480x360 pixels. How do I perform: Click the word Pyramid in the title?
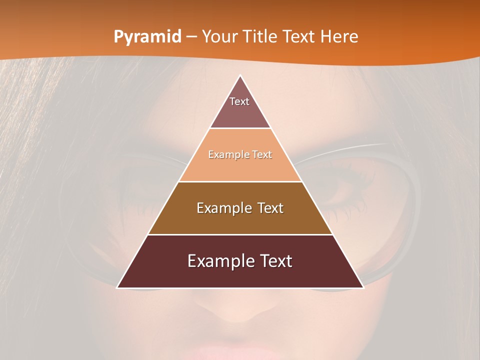[147, 37]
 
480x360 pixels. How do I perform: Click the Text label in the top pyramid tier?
[239, 101]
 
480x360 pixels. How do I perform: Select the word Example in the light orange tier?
[225, 154]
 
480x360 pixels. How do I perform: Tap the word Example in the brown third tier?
[223, 208]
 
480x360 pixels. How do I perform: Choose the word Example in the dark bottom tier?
[219, 261]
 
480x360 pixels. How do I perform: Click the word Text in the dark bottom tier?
[274, 261]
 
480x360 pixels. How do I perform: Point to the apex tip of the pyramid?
[240, 76]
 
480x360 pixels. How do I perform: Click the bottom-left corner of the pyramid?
[118, 287]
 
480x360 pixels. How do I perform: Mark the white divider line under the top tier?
[240, 128]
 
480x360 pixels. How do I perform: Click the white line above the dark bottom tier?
[240, 234]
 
